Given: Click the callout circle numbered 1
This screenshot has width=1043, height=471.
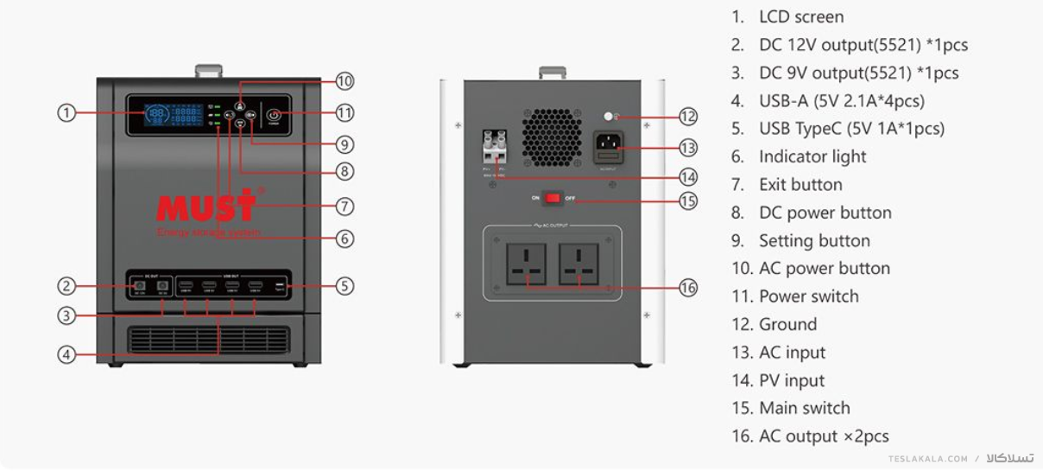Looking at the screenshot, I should (66, 112).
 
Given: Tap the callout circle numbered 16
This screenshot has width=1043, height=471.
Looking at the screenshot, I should (688, 288).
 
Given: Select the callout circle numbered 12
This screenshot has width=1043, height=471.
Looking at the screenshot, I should (688, 116).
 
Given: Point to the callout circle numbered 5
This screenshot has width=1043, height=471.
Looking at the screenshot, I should (345, 286).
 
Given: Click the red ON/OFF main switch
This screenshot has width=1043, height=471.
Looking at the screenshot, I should (553, 198).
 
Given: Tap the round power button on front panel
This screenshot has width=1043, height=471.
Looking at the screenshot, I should (274, 114).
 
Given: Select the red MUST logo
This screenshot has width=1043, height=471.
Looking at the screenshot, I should (206, 206).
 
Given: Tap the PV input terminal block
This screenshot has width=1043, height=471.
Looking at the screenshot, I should (494, 148).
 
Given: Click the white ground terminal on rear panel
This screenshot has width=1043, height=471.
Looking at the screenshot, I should (609, 116).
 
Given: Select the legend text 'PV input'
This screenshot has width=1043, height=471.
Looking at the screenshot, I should (791, 380).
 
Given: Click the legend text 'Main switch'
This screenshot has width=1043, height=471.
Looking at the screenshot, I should (804, 408).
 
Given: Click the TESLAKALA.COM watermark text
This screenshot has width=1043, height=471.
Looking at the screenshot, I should (928, 459).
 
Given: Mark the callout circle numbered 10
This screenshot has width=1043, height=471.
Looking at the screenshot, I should (345, 81).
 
